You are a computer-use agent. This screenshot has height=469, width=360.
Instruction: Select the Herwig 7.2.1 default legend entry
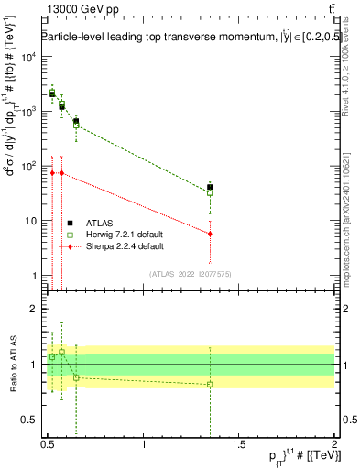pos(114,234)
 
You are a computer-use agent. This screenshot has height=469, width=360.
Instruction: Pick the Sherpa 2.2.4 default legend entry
pos(114,246)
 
